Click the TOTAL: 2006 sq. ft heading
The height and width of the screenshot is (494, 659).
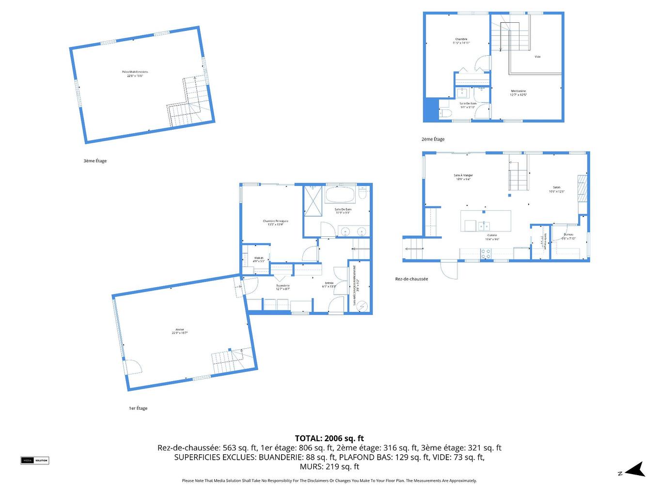click(329, 438)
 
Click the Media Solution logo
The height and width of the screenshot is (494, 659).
click(35, 460)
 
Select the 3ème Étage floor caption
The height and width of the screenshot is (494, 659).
click(95, 161)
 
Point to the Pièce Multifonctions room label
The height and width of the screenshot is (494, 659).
click(135, 74)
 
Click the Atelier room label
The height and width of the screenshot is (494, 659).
click(179, 331)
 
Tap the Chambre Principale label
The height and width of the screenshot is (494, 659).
click(275, 222)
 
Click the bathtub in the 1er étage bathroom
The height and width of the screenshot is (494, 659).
click(340, 195)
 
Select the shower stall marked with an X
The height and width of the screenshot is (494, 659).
click(313, 201)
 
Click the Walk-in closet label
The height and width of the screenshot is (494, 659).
click(258, 259)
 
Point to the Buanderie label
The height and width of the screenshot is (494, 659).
click(282, 287)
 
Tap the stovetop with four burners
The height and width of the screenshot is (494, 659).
click(486, 253)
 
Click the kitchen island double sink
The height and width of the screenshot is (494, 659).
click(483, 226)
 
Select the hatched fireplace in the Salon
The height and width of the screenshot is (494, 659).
click(582, 185)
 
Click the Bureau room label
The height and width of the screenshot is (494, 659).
click(568, 236)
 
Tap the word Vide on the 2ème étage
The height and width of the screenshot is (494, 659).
click(537, 57)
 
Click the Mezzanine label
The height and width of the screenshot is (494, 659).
click(518, 93)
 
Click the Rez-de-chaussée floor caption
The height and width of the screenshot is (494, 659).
click(411, 279)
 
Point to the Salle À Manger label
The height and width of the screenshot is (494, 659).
click(463, 177)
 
